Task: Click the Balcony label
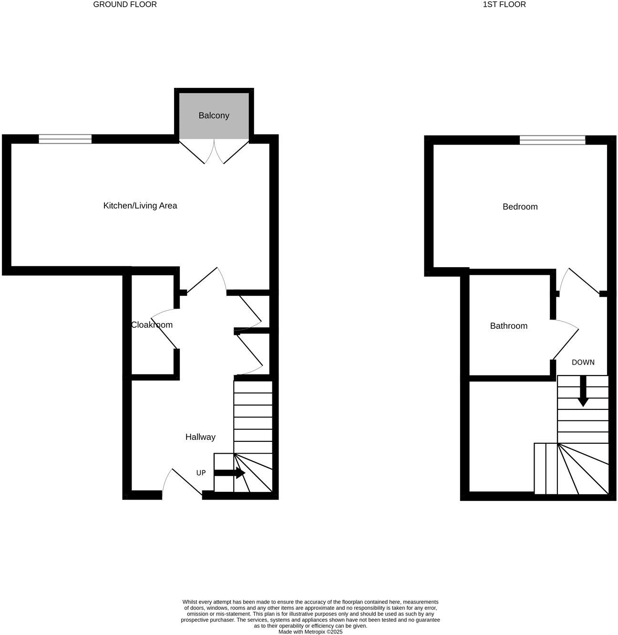(x=214, y=115)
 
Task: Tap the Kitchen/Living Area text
(x=140, y=206)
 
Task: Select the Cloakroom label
(x=152, y=325)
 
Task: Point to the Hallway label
(x=200, y=437)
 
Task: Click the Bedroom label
(x=520, y=207)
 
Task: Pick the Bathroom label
(x=508, y=326)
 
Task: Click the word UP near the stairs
(x=201, y=473)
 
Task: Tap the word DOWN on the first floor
(x=583, y=362)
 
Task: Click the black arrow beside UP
(x=229, y=473)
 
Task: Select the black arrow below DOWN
(x=582, y=392)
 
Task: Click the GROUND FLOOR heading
(x=125, y=5)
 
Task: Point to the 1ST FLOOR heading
(x=504, y=5)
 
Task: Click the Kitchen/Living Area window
(x=65, y=139)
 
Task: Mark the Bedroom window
(x=552, y=140)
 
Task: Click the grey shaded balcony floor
(x=214, y=126)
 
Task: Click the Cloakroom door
(x=164, y=329)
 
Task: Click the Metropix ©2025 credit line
(x=310, y=632)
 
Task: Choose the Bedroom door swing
(x=579, y=281)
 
